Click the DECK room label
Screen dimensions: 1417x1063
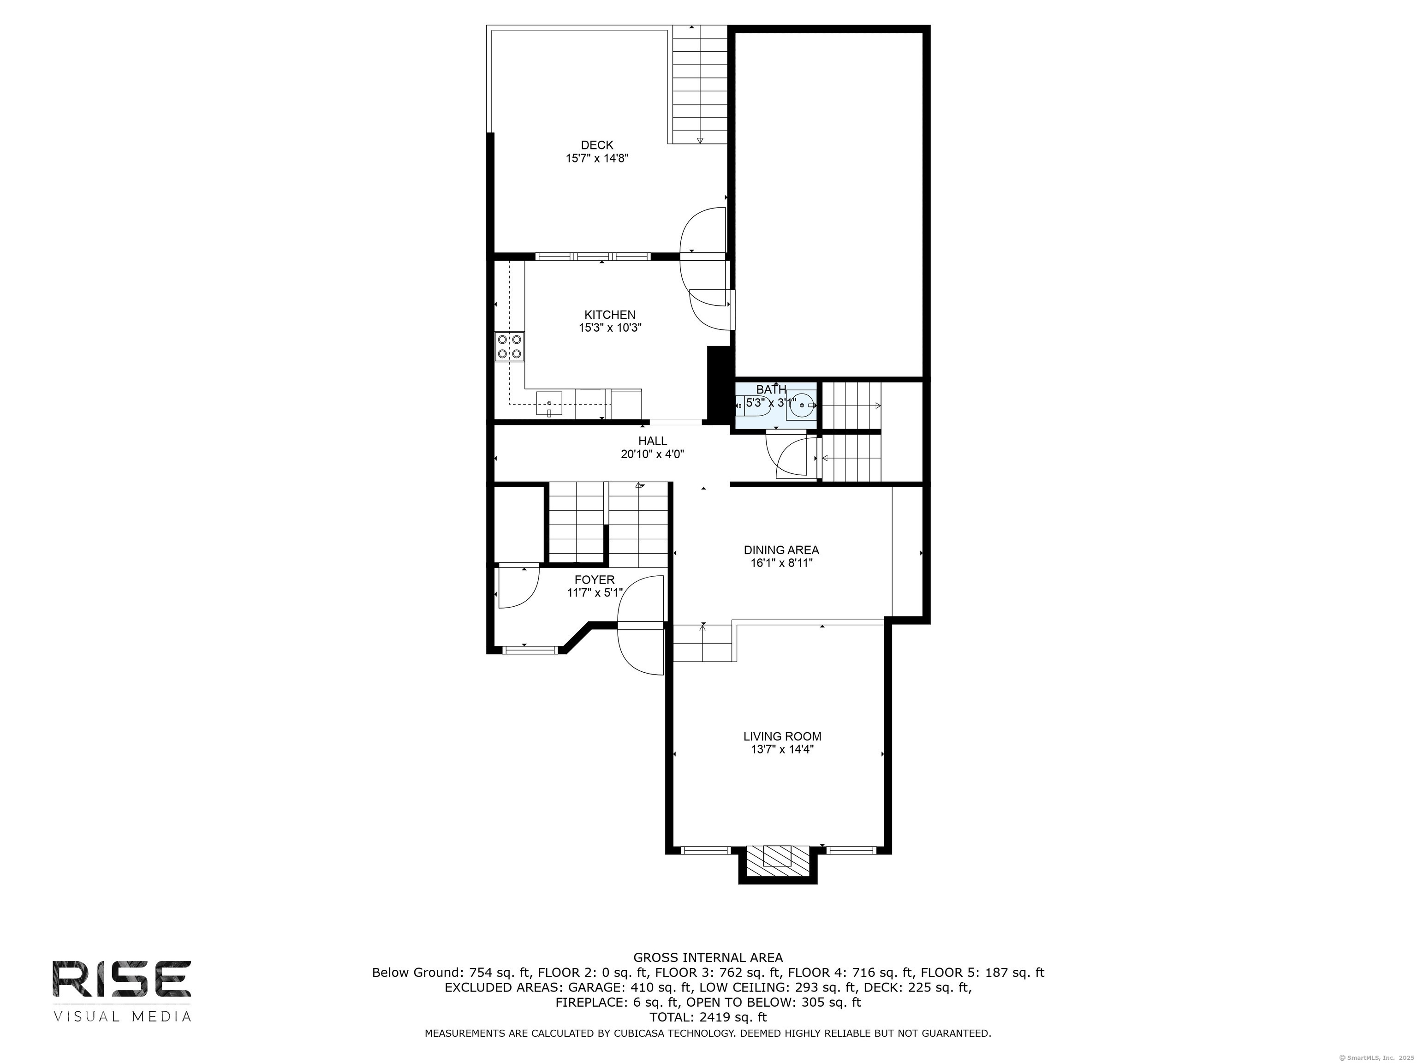click(597, 145)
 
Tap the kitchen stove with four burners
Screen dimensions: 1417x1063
click(509, 346)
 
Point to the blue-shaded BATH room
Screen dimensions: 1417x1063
click(776, 405)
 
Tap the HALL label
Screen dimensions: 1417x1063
click(652, 441)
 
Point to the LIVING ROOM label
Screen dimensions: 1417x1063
click(782, 737)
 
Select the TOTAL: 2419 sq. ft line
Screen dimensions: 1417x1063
click(708, 1017)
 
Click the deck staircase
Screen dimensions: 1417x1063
click(700, 84)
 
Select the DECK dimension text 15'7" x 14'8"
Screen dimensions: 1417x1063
click(597, 158)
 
